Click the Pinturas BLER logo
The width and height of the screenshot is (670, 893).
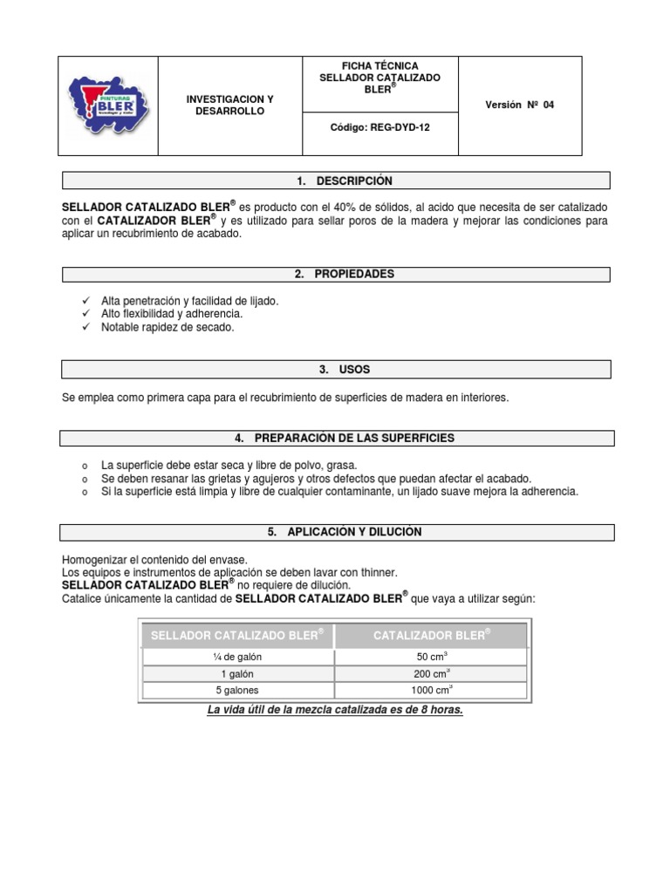(107, 106)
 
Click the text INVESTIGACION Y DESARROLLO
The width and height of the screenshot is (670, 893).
(229, 106)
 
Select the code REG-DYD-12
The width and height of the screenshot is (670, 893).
(379, 126)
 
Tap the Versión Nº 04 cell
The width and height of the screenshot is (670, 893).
(520, 105)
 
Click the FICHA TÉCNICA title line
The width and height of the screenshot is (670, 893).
(379, 65)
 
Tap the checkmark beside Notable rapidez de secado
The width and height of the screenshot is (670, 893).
(85, 328)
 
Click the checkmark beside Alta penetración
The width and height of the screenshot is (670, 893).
(85, 301)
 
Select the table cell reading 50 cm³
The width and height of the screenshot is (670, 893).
(431, 657)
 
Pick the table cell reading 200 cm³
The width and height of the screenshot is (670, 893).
(431, 674)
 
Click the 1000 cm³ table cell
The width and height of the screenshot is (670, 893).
(431, 691)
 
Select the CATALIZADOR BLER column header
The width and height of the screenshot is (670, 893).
(431, 635)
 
